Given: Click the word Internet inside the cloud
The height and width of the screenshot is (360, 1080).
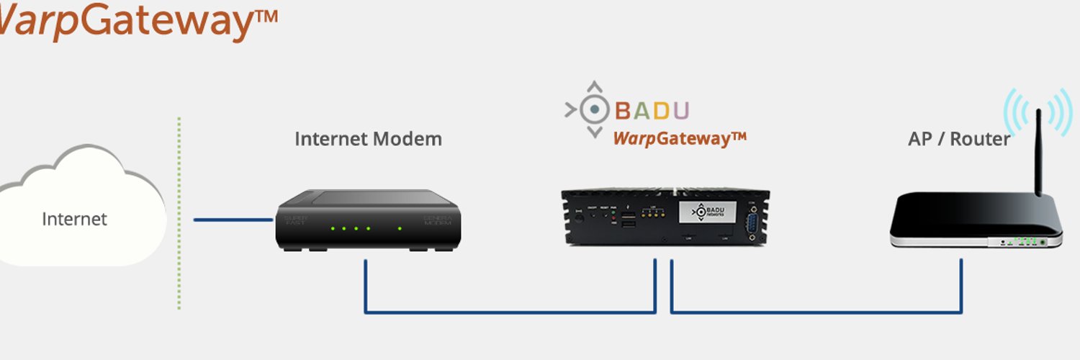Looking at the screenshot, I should (74, 219).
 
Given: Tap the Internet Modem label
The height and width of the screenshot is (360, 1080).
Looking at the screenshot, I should (368, 138).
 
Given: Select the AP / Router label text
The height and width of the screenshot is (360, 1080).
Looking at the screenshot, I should (959, 139).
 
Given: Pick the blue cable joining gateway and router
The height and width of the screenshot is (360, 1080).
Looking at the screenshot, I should (816, 312).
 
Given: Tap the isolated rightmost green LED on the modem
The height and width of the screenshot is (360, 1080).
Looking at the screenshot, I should (400, 229).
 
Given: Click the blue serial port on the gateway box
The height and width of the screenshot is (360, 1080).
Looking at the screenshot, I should (752, 222).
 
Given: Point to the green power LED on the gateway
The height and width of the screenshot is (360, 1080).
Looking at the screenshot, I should (613, 213).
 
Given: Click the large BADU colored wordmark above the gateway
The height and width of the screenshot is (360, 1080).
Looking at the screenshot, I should (652, 111).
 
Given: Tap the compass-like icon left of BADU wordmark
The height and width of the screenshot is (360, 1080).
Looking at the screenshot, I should (593, 109).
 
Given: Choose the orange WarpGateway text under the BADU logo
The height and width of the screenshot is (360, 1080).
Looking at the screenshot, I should (679, 138).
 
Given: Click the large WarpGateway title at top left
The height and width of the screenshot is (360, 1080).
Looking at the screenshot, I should (137, 22).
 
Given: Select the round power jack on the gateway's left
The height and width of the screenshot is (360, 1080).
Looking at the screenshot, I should (580, 217).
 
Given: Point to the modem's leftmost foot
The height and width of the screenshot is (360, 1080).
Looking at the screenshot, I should (292, 249).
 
